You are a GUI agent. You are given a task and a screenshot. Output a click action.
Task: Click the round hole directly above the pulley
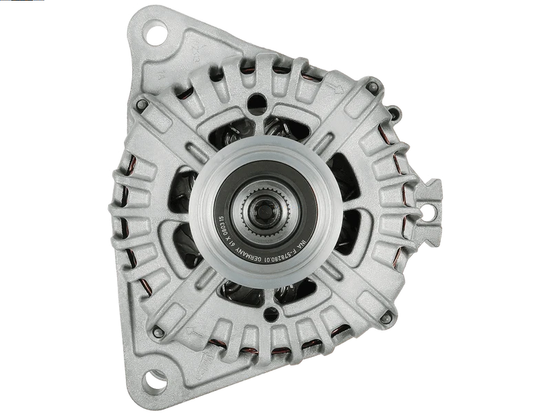coord(256,103)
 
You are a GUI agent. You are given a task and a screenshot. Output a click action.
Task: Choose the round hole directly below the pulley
coord(271,315)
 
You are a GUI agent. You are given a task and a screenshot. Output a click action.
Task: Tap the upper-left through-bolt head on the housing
coord(141,105)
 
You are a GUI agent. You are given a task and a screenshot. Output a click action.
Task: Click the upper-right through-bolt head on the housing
coord(373,87)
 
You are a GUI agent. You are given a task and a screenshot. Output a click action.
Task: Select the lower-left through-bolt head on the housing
coord(158,332)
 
